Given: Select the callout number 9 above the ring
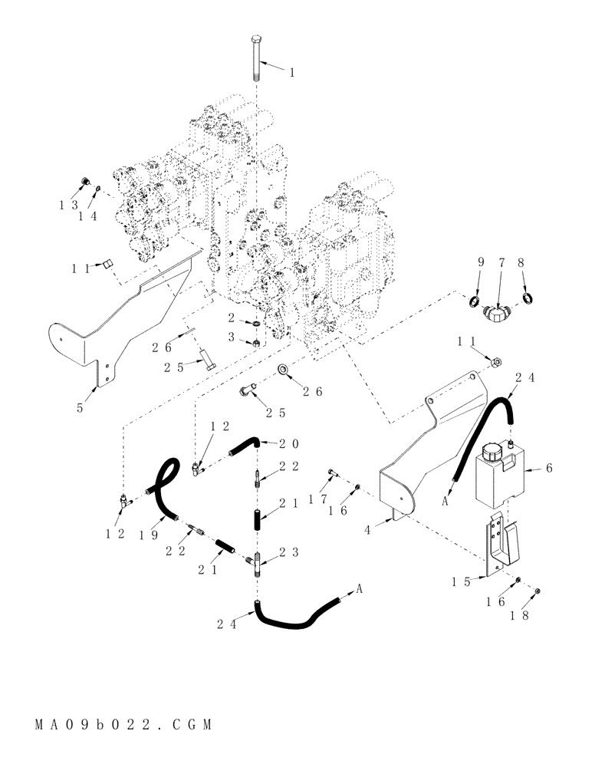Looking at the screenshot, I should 481,263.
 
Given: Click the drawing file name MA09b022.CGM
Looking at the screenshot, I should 122,723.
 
